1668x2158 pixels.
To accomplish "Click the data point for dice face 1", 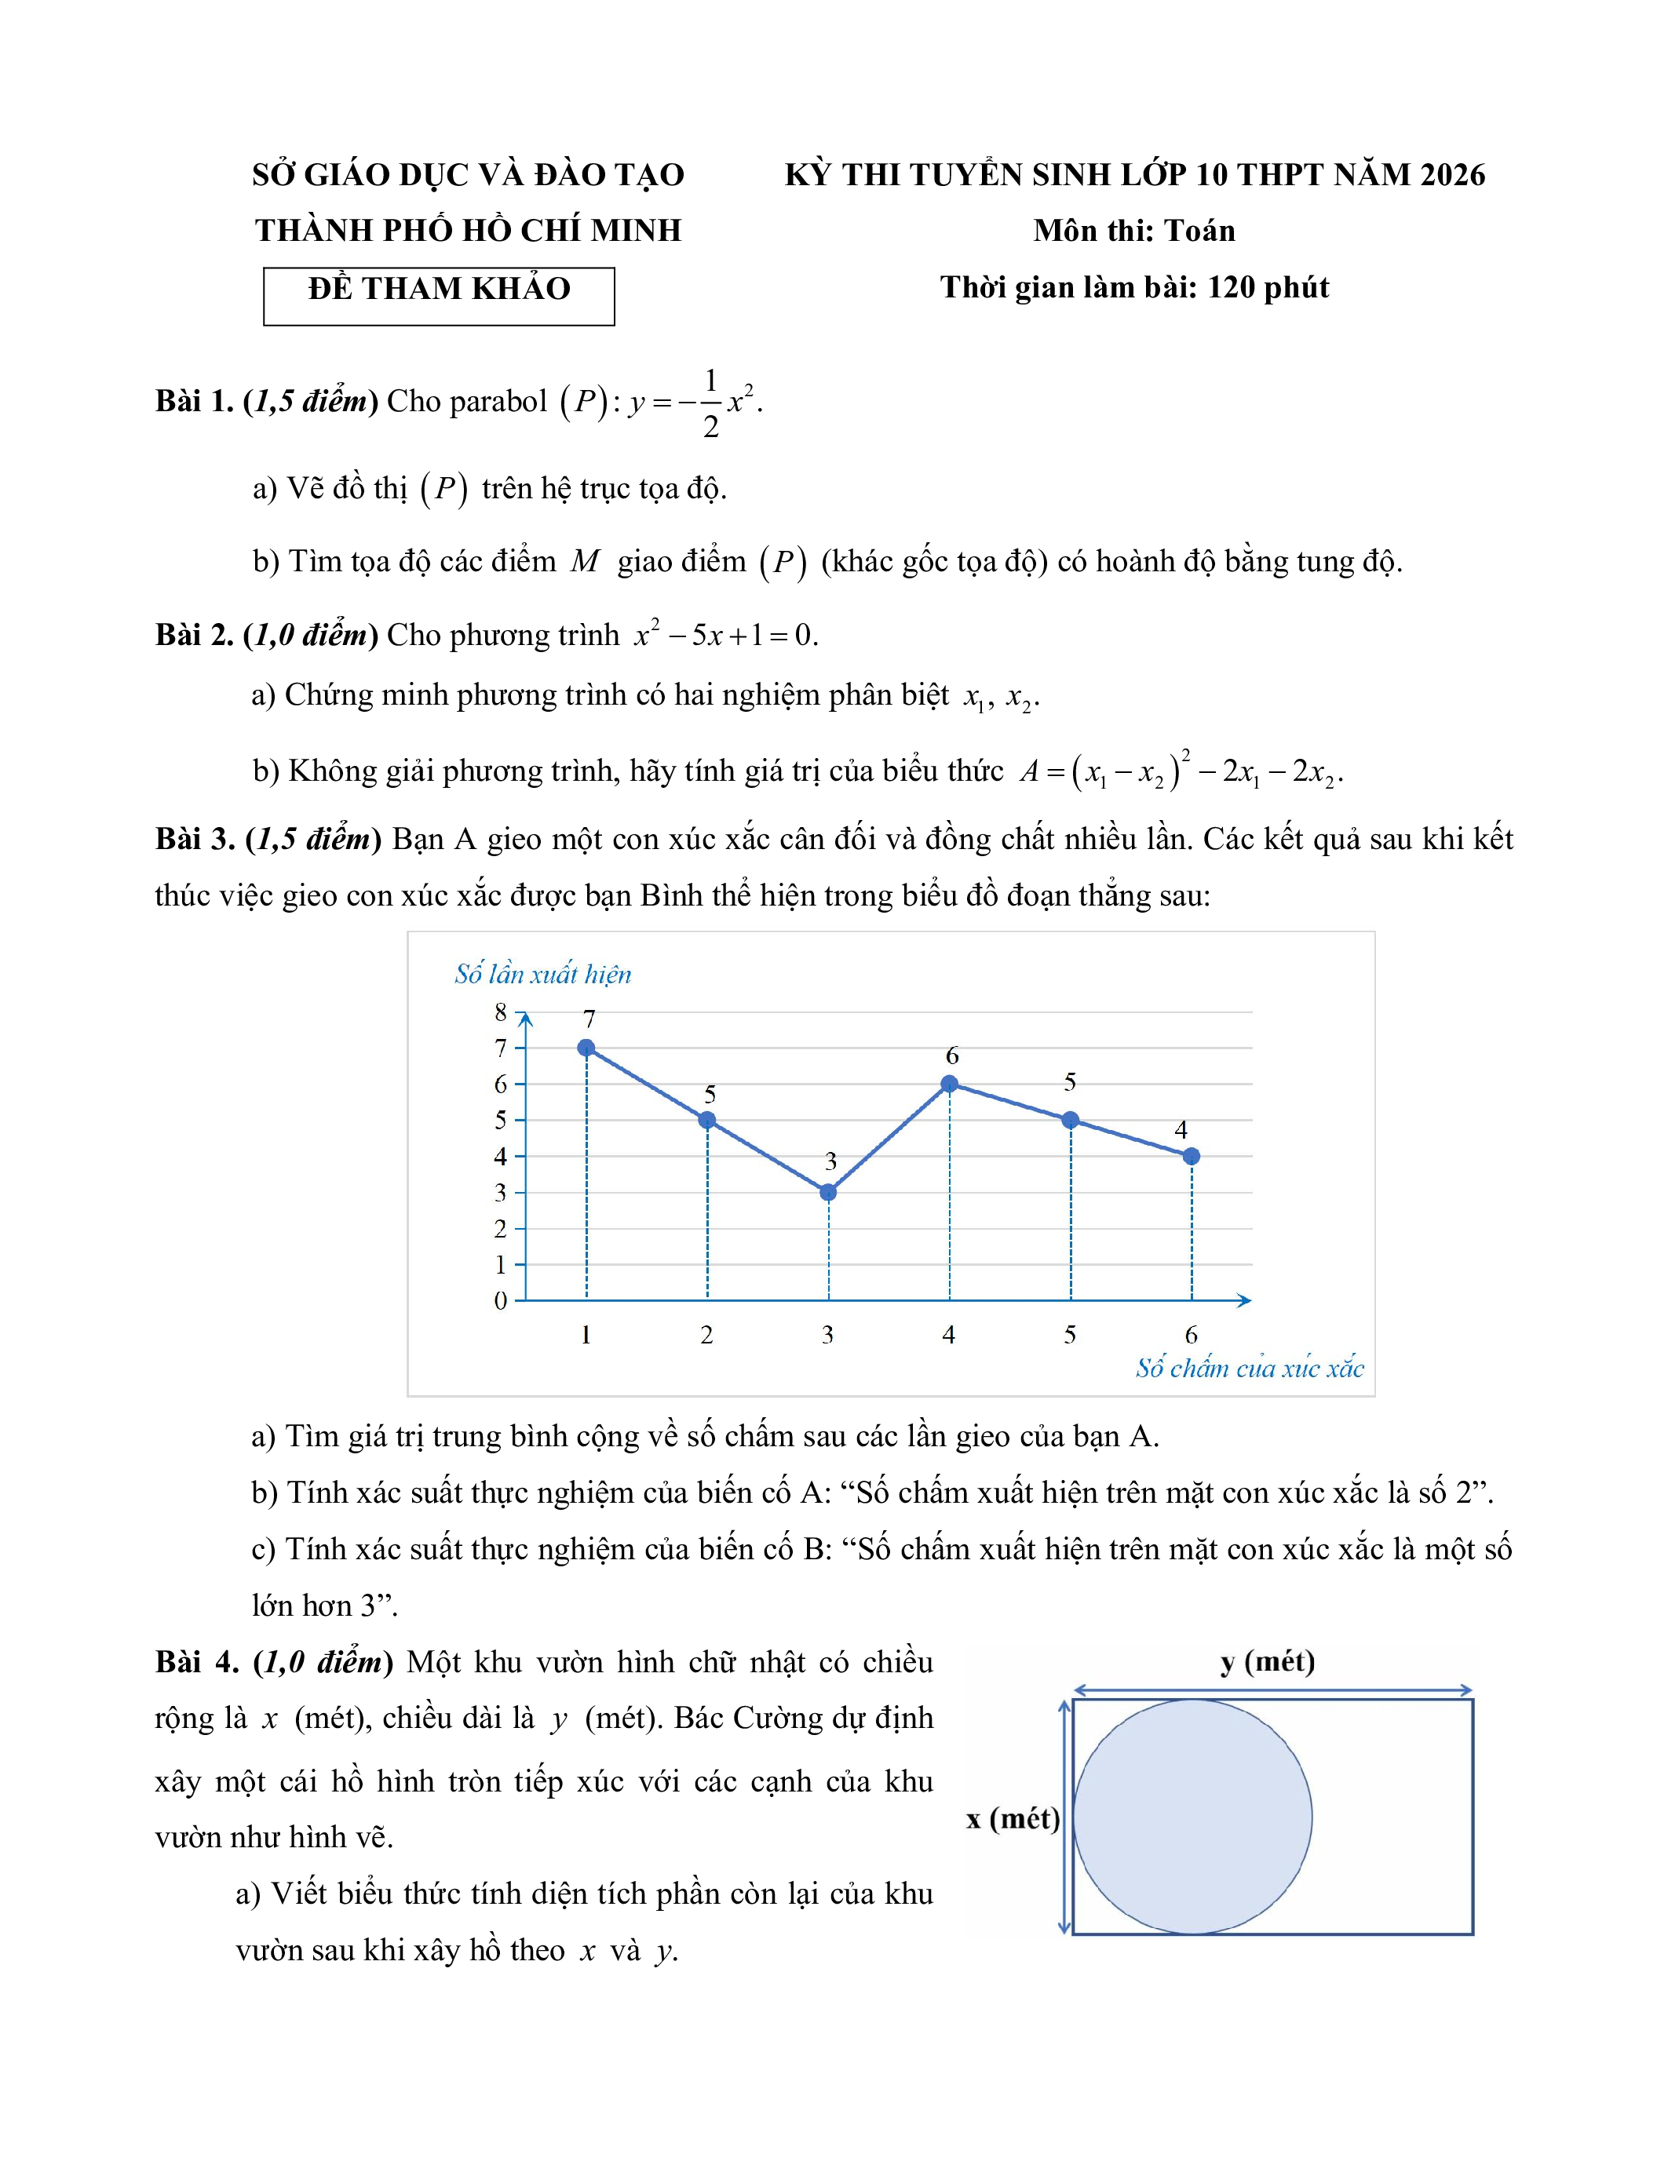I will (586, 1048).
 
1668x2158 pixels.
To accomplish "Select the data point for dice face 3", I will (828, 1193).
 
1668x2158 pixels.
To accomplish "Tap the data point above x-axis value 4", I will (950, 1084).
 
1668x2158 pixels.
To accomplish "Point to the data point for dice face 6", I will (1192, 1156).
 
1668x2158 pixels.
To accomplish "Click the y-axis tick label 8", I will (501, 1012).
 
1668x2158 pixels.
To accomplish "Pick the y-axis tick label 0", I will (501, 1300).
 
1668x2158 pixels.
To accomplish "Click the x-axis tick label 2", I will (706, 1335).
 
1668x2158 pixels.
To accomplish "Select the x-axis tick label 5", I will (1070, 1335).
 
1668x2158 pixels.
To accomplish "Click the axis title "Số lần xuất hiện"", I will (542, 975).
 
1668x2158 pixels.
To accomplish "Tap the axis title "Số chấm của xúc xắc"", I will (1249, 1369).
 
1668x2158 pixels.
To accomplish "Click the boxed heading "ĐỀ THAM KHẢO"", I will (439, 290).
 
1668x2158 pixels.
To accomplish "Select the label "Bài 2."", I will (195, 634).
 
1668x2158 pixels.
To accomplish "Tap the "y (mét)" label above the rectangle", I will (1268, 1661).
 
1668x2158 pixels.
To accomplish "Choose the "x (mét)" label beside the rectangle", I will (1013, 1818).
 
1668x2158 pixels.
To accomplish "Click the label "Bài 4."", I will (197, 1662).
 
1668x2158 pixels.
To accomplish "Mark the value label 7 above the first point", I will (589, 1019).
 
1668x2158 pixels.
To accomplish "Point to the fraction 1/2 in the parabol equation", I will (710, 403).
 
